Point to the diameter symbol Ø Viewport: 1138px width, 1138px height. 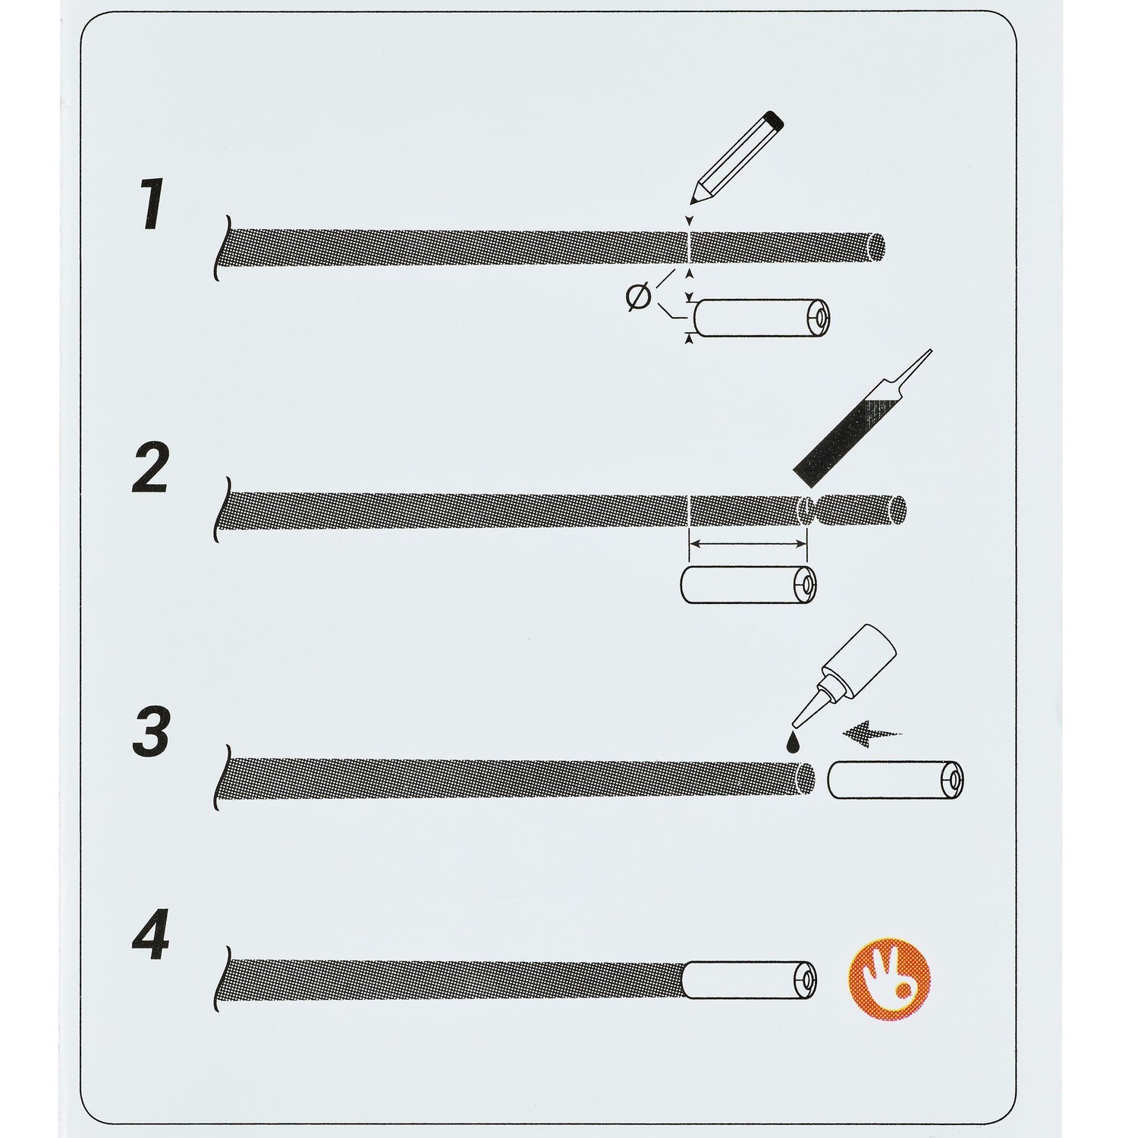coord(639,297)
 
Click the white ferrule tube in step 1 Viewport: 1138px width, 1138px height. coord(761,317)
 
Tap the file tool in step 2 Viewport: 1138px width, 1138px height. coord(860,420)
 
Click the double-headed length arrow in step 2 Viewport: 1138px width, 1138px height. coord(747,542)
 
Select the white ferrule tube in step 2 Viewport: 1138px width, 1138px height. coord(747,586)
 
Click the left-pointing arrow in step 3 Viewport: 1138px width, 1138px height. coord(872,733)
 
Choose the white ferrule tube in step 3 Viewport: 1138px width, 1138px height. coord(895,781)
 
